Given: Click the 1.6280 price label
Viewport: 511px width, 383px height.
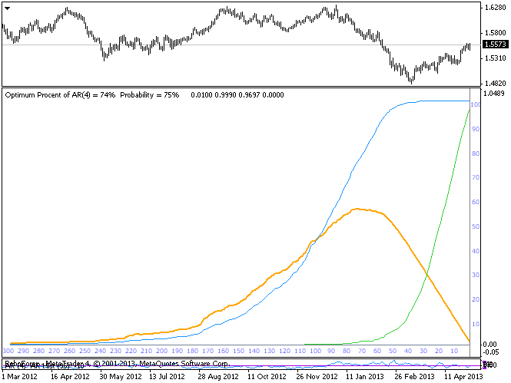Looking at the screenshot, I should click(494, 8).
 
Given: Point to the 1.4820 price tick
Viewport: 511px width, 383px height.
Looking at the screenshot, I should click(494, 83).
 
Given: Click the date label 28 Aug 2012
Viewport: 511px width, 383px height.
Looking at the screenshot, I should click(217, 377).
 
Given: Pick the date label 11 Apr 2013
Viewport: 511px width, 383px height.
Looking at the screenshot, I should click(463, 377).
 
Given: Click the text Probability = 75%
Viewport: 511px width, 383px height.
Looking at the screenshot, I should click(150, 95).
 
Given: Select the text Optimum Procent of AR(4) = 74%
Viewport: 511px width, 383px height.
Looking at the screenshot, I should click(60, 95).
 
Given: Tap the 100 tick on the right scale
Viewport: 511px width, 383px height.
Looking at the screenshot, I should click(475, 105).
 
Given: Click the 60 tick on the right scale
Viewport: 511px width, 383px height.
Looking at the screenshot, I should click(475, 202).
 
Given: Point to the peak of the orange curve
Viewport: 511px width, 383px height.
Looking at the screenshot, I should click(357, 209).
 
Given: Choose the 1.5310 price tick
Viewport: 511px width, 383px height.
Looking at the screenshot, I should click(494, 58).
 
